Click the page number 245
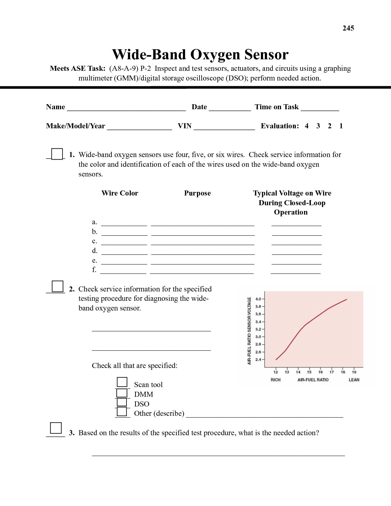point(348,28)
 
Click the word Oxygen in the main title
point(215,55)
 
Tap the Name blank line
point(126,107)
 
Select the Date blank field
point(230,107)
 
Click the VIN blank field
point(224,126)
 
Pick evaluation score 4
point(307,126)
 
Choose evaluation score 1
point(341,126)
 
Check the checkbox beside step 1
point(57,154)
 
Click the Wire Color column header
point(120,193)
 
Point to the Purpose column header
point(197,193)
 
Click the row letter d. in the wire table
point(95,250)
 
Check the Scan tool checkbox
point(122,382)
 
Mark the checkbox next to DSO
point(122,402)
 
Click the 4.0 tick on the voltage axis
point(258,299)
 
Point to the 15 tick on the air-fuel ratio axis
point(309,372)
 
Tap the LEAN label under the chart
point(354,379)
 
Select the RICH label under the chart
point(276,379)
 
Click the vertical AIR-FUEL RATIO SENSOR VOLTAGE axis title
point(249,331)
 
